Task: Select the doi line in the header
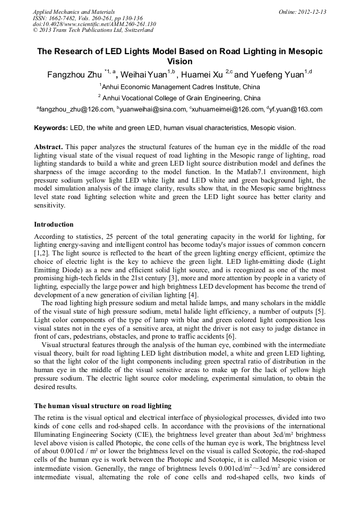pyautogui.click(x=95, y=24)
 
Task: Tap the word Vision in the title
pyautogui.click(x=179, y=62)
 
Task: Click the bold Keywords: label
pyautogui.click(x=51, y=128)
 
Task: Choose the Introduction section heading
pyautogui.click(x=54, y=224)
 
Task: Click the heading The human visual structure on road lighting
pyautogui.click(x=102, y=406)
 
